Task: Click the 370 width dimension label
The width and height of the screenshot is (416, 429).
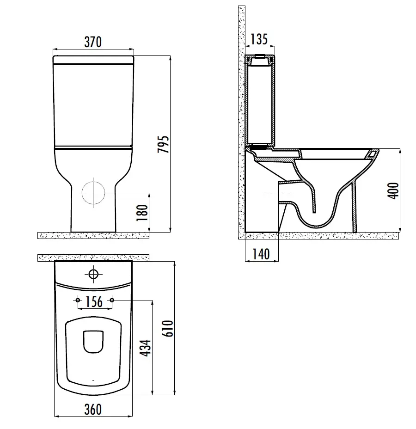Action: (93, 42)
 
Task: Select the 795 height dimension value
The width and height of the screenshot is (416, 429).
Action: (163, 144)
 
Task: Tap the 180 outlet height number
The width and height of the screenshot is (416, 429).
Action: (142, 213)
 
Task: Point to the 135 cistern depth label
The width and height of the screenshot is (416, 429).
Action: (259, 39)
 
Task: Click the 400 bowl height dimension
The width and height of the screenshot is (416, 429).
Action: (393, 191)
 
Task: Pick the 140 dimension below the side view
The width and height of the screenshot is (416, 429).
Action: (261, 254)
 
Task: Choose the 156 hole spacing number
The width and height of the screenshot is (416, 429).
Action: (94, 302)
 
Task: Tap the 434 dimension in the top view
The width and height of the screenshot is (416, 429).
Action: (145, 348)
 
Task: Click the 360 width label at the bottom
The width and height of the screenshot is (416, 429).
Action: (93, 409)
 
